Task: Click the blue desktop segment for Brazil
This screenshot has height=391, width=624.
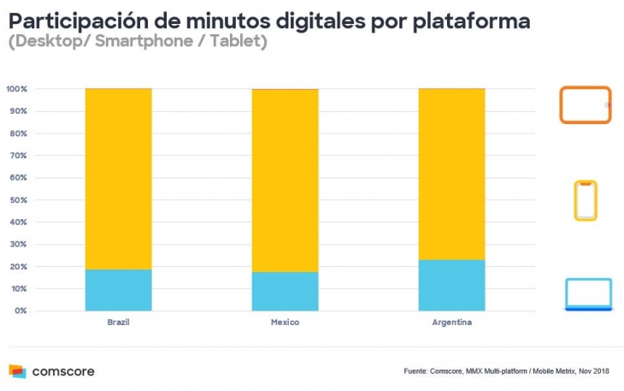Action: (x=119, y=290)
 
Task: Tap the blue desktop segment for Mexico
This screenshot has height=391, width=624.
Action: (x=285, y=291)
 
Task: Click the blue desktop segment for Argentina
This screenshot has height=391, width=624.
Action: (x=451, y=285)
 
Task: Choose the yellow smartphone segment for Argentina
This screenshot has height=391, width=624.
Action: (x=451, y=174)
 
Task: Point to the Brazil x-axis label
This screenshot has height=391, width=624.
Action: (x=119, y=323)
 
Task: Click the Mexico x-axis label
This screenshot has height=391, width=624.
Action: (x=285, y=323)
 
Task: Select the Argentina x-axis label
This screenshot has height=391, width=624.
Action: (x=451, y=323)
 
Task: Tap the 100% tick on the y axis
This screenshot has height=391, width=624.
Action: (x=17, y=89)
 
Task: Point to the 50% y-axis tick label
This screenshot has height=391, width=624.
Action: (x=19, y=200)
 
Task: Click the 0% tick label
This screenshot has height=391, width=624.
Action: (x=21, y=311)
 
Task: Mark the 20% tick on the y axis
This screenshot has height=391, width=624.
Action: (x=19, y=267)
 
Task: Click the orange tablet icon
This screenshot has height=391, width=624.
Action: (x=586, y=104)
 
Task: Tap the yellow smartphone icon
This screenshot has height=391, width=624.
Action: (x=586, y=200)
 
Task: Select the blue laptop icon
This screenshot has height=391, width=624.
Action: (x=588, y=294)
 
